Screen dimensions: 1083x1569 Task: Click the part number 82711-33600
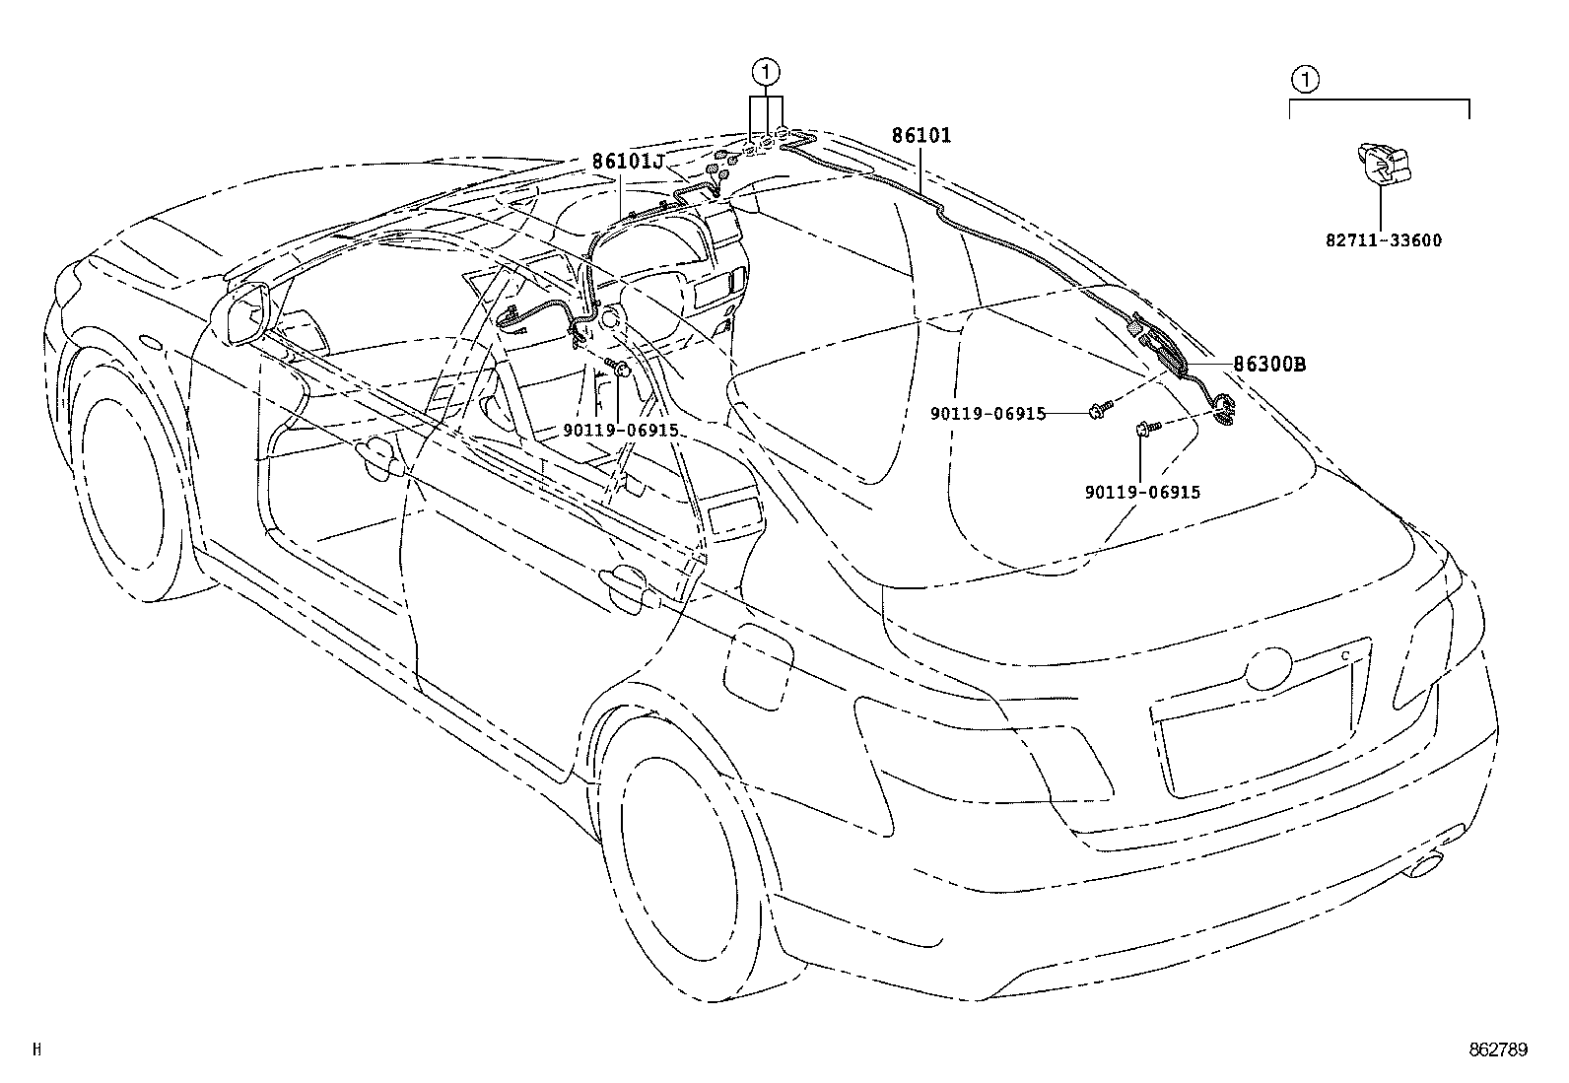tap(1381, 240)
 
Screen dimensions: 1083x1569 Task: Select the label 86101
tap(921, 136)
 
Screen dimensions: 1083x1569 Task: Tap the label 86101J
tap(628, 162)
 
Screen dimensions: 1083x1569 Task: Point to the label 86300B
tap(1270, 365)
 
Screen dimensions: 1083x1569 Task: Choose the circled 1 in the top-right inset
tap(1303, 79)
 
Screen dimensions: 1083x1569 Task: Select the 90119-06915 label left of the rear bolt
tap(988, 414)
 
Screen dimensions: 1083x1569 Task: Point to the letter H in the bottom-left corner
tap(36, 1050)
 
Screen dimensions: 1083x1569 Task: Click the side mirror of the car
tap(248, 313)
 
